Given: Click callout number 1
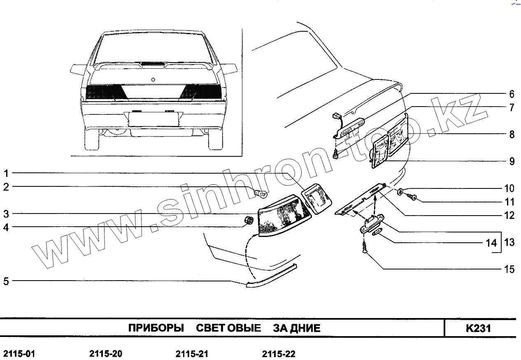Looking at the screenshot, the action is coord(6,173).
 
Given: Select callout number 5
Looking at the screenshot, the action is coord(6,281).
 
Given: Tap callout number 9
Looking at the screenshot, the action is coord(512,161).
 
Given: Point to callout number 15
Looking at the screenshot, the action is coord(509,269).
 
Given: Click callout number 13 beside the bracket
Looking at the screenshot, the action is coord(509,242).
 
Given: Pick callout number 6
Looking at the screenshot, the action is coord(512,94).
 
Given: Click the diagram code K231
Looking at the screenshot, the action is coord(478,328).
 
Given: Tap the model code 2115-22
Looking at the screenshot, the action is coord(279,354).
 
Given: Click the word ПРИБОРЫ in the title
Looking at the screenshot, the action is coord(156,328).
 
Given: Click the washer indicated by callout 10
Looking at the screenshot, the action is coord(400,191).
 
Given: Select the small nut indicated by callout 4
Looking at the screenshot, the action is coord(249,221).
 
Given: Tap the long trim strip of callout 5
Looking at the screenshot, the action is coord(272,276).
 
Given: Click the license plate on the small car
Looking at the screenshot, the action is coord(153,119).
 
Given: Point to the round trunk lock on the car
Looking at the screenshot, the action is coord(153,80).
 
